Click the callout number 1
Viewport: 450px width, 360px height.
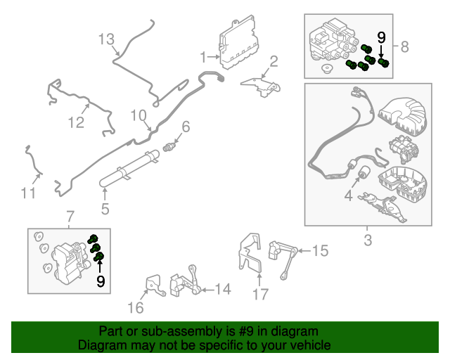(x=202, y=56)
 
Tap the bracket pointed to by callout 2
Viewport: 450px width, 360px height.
(x=261, y=84)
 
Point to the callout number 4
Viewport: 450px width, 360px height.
(x=348, y=198)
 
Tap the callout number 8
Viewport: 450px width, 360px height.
(x=404, y=47)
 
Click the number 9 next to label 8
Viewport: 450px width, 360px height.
(x=382, y=37)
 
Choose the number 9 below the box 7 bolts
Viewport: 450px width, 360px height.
(x=101, y=281)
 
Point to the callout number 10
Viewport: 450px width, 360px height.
(x=137, y=115)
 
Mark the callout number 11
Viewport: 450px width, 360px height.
(x=27, y=192)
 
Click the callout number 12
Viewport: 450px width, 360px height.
(x=76, y=123)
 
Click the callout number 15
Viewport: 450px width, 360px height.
(x=320, y=250)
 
